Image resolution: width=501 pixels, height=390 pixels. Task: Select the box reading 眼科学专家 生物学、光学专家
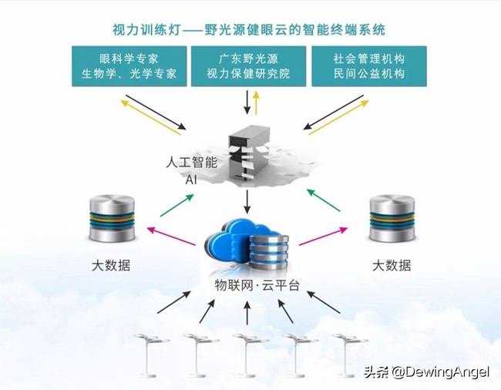[x=129, y=66]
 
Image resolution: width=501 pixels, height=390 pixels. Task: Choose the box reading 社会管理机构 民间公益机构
[x=368, y=66]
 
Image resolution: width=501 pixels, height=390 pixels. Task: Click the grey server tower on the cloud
[x=248, y=153]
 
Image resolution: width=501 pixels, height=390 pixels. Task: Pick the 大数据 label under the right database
[x=392, y=266]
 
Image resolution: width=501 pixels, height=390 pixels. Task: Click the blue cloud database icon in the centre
[x=249, y=246]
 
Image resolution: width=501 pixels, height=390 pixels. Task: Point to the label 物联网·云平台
[x=257, y=285]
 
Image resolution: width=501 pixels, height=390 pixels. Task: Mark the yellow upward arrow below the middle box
[x=257, y=101]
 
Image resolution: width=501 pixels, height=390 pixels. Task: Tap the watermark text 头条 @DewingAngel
[x=425, y=373]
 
